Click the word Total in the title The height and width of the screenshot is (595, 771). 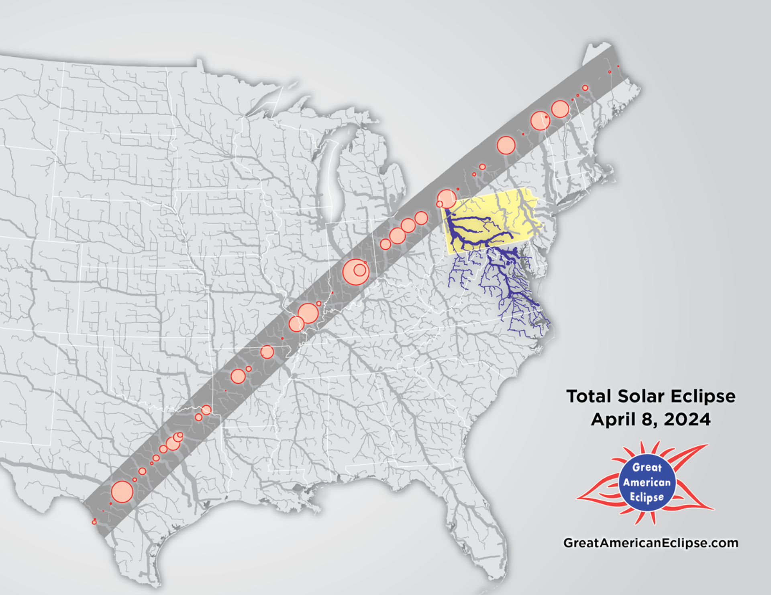point(589,396)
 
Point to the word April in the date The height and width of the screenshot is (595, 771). point(614,420)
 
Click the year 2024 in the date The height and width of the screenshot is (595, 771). point(687,420)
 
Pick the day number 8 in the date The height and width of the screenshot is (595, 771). point(648,420)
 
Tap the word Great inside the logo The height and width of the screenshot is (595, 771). point(647,468)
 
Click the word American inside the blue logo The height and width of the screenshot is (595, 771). point(647,482)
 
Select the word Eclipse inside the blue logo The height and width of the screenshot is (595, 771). point(647,497)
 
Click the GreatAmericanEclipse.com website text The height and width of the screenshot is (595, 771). point(651,543)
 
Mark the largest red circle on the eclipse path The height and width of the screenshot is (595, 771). point(355,273)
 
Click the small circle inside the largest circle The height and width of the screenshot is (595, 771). point(360,270)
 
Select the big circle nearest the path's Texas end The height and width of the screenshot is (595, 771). point(122,492)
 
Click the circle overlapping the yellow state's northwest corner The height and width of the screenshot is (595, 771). point(447,199)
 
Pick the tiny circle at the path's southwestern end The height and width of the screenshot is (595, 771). point(94,522)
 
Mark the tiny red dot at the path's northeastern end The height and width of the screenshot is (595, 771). point(618,66)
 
